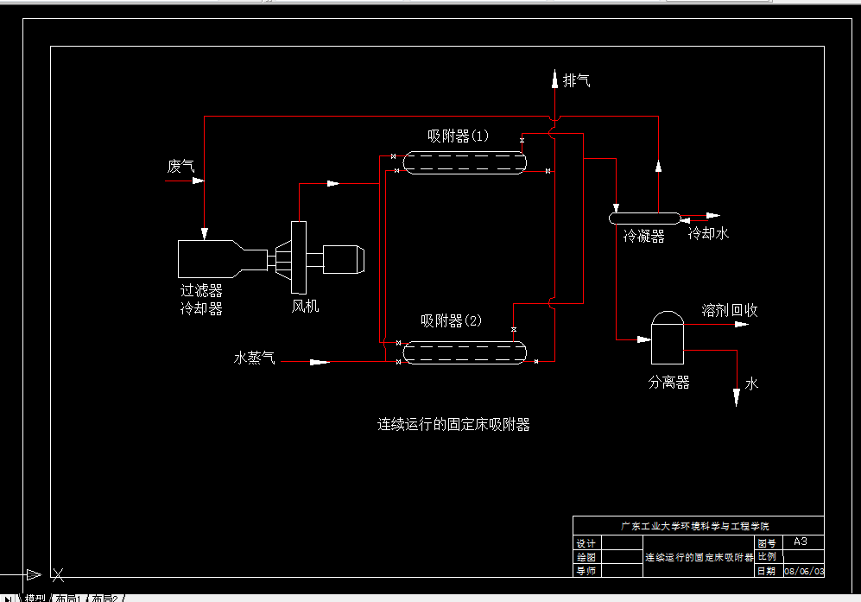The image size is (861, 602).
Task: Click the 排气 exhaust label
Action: (x=576, y=81)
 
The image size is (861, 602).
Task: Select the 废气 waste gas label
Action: (x=181, y=166)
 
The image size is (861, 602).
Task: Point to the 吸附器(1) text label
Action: (x=458, y=136)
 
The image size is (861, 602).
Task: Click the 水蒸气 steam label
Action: (x=254, y=357)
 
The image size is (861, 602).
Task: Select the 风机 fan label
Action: (x=305, y=306)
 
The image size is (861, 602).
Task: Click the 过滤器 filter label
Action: (x=201, y=291)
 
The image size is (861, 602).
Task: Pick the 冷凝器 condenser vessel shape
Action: (x=644, y=218)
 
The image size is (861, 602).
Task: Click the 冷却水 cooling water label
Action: (x=708, y=233)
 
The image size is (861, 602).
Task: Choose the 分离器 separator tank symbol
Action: (x=667, y=339)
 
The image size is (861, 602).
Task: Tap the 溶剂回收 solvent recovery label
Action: (x=730, y=310)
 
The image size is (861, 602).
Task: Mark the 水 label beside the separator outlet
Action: (x=751, y=383)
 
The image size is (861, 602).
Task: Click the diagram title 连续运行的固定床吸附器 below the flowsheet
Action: (x=453, y=424)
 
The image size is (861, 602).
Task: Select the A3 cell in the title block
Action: (x=800, y=542)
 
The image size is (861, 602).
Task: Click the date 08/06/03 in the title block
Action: (x=803, y=572)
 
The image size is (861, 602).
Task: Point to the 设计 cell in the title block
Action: (x=586, y=543)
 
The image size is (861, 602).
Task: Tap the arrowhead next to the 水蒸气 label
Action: (x=320, y=362)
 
